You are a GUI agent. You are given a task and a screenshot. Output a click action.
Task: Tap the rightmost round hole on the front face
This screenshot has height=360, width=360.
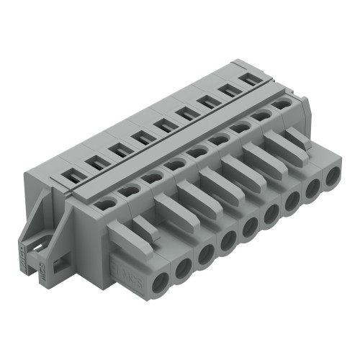(x=333, y=177)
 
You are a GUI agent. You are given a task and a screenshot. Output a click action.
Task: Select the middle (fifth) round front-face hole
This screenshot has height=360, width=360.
(x=249, y=229)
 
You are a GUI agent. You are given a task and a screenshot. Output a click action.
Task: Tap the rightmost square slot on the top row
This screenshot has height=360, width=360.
(x=252, y=79)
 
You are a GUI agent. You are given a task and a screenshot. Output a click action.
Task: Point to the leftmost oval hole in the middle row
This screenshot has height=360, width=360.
(x=105, y=204)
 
